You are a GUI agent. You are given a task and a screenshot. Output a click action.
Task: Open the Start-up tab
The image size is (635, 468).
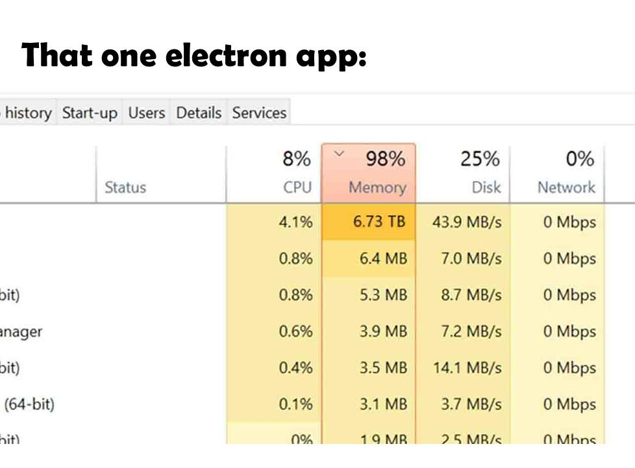pos(90,112)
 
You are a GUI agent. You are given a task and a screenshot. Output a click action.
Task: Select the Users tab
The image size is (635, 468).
pos(146,112)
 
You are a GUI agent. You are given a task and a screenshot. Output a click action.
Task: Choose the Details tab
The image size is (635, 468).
pos(199,112)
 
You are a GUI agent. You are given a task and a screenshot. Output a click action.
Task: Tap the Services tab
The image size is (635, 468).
pos(259,112)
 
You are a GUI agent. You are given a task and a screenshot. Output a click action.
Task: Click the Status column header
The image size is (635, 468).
pos(125,187)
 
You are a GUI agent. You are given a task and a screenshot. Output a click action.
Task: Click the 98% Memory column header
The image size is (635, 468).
pos(368,173)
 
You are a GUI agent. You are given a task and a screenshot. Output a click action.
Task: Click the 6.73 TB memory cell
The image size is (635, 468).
pos(379,222)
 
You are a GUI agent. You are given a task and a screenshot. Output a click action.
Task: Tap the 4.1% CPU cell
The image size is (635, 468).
pos(295,222)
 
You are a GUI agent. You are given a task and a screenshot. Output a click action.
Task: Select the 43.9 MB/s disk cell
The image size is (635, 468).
pos(467,222)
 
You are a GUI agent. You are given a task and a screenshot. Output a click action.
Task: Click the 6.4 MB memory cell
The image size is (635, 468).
pos(383,258)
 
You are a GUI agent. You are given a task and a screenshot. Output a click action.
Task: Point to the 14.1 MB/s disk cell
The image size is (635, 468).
pos(467,368)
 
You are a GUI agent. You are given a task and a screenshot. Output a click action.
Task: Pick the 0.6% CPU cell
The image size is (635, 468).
pos(295,331)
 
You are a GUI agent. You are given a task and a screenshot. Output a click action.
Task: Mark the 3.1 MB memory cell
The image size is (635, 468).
pos(383,404)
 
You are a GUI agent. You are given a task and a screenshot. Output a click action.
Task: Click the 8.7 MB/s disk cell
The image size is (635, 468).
pos(471,294)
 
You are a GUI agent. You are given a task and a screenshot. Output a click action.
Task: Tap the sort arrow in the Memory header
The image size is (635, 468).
pos(338,153)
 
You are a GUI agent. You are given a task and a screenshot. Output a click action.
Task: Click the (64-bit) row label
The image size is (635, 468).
pos(29,404)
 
